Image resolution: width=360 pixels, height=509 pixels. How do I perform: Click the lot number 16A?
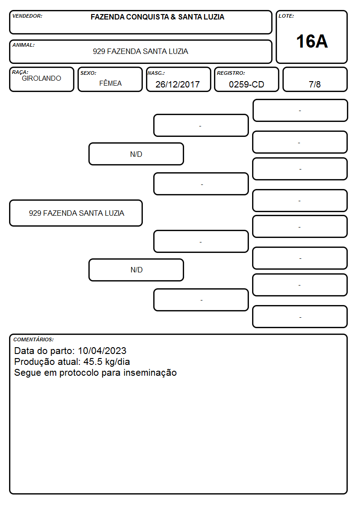311,42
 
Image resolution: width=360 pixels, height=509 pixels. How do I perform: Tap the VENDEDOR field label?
27,16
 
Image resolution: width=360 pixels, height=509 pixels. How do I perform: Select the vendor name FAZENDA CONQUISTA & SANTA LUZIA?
157,17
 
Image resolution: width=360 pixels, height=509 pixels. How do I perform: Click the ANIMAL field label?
24,45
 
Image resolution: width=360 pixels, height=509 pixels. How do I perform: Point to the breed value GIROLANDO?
41,78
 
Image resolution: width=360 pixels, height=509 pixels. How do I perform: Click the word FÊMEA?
110,83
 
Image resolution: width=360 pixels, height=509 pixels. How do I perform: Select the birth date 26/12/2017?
178,84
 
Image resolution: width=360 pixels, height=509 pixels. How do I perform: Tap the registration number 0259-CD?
246,84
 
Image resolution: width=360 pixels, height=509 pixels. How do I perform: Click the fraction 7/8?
315,84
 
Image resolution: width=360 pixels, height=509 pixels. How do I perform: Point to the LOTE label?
286,16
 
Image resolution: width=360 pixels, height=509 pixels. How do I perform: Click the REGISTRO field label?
231,73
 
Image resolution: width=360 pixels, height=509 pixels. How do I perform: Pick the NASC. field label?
156,73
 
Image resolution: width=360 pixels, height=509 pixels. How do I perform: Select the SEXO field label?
88,73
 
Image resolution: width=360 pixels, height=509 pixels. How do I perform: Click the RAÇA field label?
20,72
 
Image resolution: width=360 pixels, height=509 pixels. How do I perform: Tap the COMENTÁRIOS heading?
34,339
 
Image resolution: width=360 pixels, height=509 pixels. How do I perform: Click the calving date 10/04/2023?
102,351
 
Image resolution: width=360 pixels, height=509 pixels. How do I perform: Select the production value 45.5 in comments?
93,362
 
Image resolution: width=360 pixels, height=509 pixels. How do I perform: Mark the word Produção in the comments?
35,362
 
